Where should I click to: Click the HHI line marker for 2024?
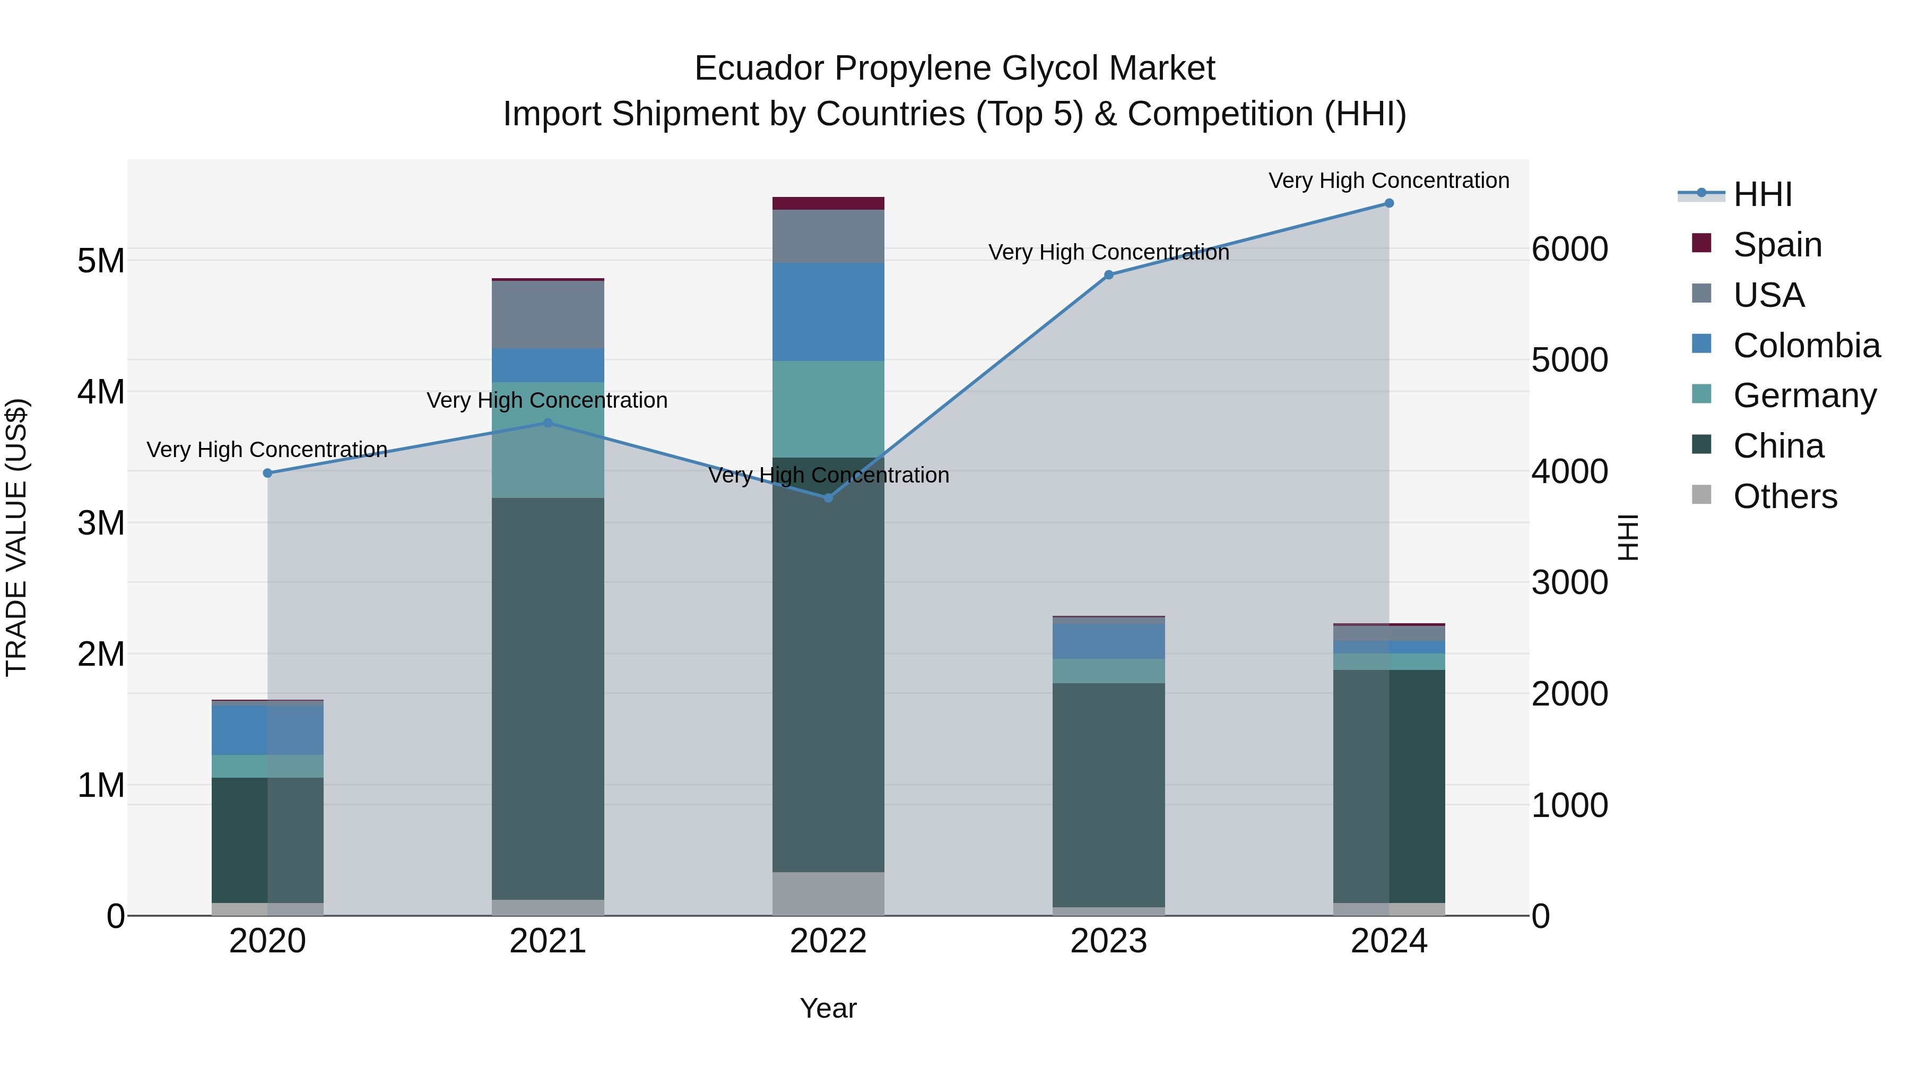[x=1389, y=203]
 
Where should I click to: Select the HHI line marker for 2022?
[x=828, y=498]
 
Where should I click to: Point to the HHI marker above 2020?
[x=268, y=472]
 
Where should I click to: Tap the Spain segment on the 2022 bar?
[x=828, y=203]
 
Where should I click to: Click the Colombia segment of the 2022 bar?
[x=828, y=312]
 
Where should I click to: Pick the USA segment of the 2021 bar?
[x=548, y=315]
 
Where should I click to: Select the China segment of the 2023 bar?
[x=1108, y=794]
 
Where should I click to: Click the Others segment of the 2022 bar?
[x=828, y=893]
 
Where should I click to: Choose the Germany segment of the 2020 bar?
[x=268, y=767]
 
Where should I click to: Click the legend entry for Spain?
[x=1776, y=245]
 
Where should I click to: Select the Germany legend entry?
[x=1804, y=395]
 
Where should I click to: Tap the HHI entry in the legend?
[x=1761, y=194]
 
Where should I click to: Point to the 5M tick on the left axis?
[x=101, y=261]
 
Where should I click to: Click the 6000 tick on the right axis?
[x=1570, y=250]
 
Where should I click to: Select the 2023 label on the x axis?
[x=1108, y=941]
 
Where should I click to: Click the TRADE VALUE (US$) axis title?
[x=16, y=537]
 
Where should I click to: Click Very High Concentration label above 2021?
[x=547, y=401]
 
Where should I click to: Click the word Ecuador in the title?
[x=759, y=69]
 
